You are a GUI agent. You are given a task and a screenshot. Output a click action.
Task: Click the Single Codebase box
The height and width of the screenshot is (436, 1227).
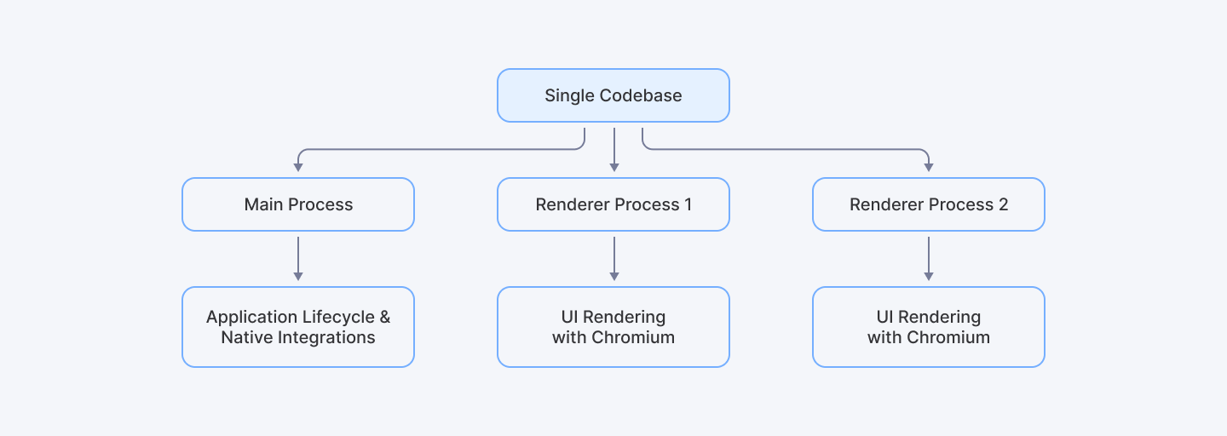coord(613,95)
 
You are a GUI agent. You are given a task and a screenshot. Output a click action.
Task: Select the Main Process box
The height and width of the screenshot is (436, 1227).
coord(298,204)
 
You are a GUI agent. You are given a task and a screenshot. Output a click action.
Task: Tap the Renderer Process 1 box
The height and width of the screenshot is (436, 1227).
coord(613,204)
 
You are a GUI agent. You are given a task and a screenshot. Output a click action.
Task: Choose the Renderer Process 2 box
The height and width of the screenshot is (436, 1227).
coord(929,204)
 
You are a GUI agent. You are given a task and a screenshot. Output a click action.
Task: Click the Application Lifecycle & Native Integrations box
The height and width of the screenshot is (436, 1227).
coord(298,327)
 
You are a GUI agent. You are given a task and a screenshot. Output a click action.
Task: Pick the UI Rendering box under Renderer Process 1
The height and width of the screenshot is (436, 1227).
coord(613,327)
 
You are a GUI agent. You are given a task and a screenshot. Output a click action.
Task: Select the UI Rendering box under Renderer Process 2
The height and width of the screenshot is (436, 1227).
coord(929,327)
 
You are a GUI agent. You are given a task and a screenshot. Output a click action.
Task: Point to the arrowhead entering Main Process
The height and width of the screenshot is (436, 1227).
coord(298,167)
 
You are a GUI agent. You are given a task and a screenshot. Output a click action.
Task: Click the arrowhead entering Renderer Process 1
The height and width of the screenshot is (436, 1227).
coord(613,167)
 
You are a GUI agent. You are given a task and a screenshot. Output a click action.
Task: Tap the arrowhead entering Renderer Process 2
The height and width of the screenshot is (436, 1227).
coord(929,167)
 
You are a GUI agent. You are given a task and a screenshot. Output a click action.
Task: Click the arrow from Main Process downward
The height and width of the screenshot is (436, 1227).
coord(298,257)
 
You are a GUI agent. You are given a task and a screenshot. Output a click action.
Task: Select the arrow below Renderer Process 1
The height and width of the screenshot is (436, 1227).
coord(613,257)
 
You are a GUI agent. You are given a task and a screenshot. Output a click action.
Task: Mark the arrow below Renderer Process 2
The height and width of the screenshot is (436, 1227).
coord(929,257)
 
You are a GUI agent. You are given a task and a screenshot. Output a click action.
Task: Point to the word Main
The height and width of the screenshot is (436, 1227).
coord(263,204)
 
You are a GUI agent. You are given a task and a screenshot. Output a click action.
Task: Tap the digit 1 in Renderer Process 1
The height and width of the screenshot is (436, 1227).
coord(688,204)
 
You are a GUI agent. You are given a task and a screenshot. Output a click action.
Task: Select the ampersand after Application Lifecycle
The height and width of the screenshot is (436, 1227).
coord(384,317)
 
